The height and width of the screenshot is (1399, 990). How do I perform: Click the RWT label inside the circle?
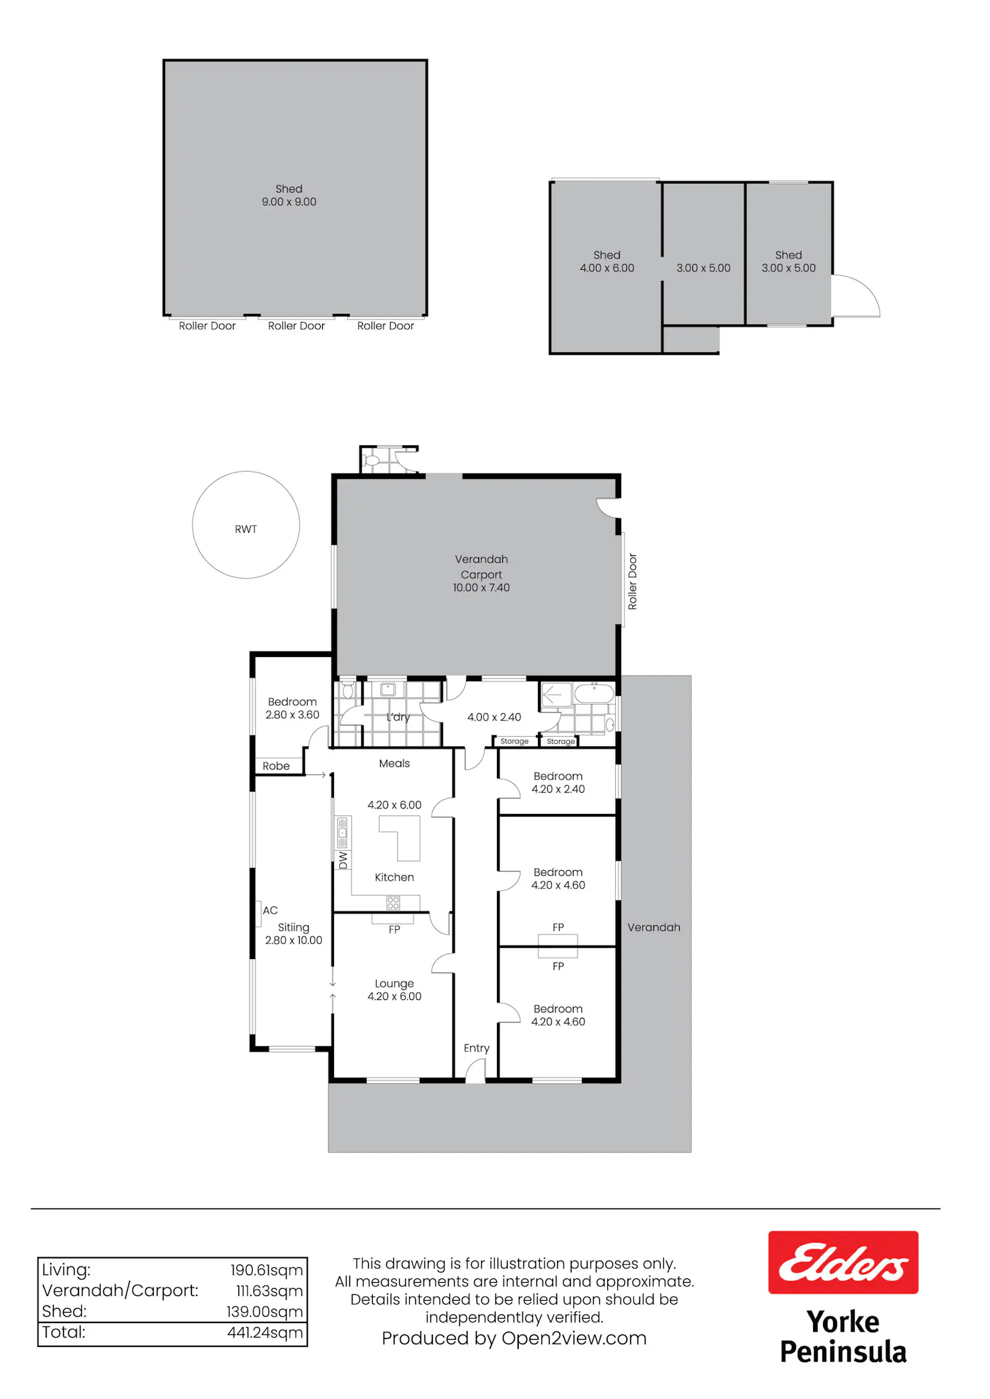click(246, 529)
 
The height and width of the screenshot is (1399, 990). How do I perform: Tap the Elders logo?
click(843, 1262)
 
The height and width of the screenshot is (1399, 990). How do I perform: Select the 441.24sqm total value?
click(265, 1332)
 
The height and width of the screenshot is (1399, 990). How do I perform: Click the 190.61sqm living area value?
click(267, 1270)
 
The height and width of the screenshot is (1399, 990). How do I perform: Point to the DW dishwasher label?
click(343, 860)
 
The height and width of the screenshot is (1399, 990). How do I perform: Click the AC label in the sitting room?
click(270, 910)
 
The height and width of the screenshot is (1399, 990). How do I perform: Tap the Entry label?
click(477, 1048)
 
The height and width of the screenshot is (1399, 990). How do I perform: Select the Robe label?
click(276, 766)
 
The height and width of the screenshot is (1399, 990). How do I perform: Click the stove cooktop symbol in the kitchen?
click(393, 903)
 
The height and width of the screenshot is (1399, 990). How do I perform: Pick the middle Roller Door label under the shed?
click(296, 326)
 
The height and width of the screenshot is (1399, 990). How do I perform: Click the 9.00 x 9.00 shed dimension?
click(289, 202)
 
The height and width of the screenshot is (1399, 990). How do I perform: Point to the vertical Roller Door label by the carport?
click(632, 581)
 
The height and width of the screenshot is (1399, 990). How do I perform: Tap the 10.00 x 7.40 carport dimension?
click(481, 588)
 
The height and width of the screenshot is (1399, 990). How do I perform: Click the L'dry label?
click(398, 717)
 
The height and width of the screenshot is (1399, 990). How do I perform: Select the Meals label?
click(395, 763)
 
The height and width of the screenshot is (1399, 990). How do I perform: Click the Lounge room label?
click(395, 983)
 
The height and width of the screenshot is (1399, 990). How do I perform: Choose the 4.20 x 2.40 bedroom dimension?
click(558, 789)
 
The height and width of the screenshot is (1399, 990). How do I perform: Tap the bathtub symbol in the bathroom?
click(595, 694)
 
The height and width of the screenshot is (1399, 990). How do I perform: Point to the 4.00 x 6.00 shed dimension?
click(607, 268)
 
